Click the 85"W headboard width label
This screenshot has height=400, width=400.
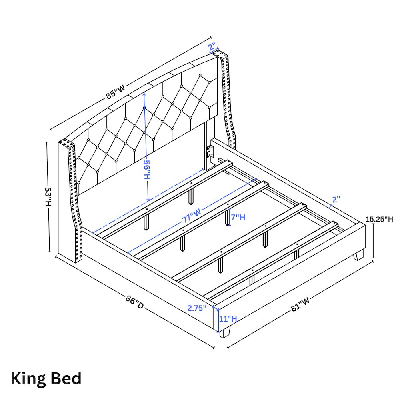[116, 93]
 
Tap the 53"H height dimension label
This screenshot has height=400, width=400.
[48, 197]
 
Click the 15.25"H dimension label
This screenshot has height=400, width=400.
[379, 219]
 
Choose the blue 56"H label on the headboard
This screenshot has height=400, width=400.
[147, 170]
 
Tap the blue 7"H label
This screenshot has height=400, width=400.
[238, 217]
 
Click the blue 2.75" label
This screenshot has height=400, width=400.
[197, 308]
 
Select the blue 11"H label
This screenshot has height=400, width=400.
[228, 319]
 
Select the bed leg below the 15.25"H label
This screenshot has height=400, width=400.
[358, 255]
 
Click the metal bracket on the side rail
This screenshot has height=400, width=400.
[210, 152]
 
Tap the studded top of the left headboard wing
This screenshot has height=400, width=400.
[67, 142]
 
